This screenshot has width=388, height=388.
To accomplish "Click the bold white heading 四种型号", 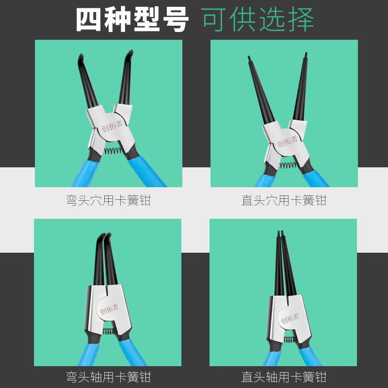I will pyautogui.click(x=132, y=19).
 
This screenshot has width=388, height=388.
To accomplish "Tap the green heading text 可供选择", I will pyautogui.click(x=258, y=19).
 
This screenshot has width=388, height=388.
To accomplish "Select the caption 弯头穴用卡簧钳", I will pyautogui.click(x=108, y=200).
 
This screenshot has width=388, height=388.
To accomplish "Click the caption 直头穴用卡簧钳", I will pyautogui.click(x=284, y=200).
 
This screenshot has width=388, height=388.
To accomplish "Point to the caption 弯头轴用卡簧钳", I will pyautogui.click(x=108, y=377).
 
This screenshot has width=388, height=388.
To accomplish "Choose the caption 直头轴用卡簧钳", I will pyautogui.click(x=284, y=377).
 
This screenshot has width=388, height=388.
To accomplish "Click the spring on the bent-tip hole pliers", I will pyautogui.click(x=112, y=150).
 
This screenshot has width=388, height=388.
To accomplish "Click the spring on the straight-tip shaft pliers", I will pyautogui.click(x=289, y=339).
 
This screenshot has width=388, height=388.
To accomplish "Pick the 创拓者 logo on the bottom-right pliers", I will pyautogui.click(x=290, y=318).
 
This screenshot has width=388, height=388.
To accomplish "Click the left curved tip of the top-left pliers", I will pyautogui.click(x=80, y=61).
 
